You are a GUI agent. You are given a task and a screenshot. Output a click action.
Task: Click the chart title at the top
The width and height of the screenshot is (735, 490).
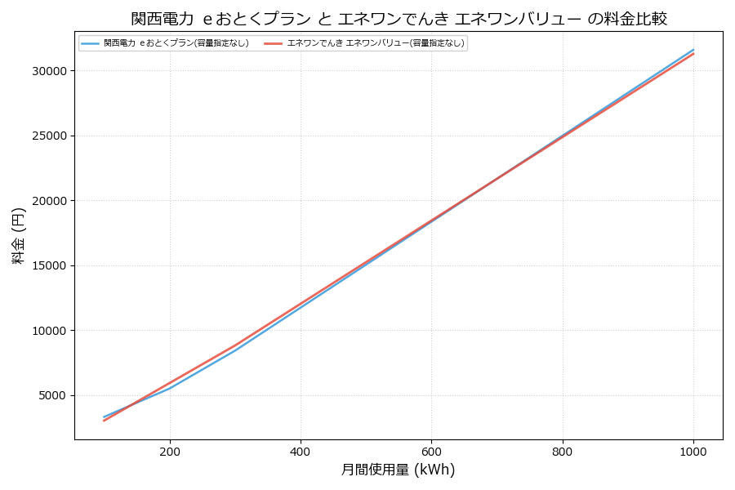click(405, 19)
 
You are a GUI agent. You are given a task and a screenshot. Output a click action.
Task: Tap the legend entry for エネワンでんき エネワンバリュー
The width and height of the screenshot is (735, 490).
click(376, 43)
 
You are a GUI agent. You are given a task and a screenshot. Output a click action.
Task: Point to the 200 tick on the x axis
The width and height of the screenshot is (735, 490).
click(170, 451)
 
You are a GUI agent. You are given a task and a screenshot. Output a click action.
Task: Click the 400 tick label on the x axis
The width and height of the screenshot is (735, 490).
click(301, 451)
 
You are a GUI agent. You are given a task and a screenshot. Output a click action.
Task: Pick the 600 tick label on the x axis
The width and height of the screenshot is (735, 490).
click(431, 451)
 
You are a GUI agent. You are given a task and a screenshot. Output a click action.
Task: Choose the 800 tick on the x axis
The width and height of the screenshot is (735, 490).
click(563, 451)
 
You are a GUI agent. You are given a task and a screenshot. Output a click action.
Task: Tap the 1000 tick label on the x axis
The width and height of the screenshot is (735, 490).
click(693, 451)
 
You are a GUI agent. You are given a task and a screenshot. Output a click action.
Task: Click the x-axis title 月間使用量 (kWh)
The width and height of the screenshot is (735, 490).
click(398, 470)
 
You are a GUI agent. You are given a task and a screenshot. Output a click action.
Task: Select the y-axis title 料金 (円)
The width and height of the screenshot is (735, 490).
click(18, 235)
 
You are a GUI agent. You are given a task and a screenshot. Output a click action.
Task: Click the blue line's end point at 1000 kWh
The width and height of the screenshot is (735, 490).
click(693, 50)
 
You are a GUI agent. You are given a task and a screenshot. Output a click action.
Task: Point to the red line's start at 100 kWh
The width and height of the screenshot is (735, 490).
click(105, 421)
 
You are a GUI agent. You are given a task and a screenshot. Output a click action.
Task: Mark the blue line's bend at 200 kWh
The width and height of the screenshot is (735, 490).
click(170, 388)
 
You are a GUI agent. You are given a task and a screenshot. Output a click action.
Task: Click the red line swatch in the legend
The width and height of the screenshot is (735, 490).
click(274, 43)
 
